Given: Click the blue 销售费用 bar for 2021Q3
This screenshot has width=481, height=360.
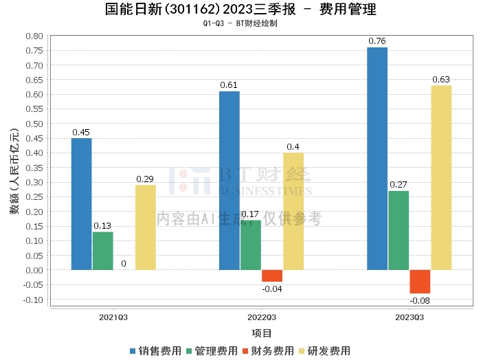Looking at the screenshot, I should (81, 204).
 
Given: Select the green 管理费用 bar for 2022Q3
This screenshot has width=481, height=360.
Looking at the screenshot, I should (251, 245).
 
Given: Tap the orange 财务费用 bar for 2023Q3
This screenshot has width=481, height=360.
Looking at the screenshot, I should (420, 282).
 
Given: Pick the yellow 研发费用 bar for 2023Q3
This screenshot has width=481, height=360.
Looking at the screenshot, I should (441, 177).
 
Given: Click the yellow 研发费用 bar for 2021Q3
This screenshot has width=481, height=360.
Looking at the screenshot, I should (145, 227).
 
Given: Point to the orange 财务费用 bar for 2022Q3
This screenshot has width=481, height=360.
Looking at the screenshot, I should (272, 275).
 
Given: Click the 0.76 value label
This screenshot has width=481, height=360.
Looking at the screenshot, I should (377, 41).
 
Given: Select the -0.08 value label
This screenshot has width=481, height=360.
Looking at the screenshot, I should (420, 300).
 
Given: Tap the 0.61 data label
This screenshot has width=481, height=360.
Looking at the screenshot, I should (229, 85).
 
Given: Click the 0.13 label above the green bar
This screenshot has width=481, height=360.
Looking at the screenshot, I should (102, 225).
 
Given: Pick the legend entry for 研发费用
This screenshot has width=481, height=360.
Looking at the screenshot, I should (326, 350).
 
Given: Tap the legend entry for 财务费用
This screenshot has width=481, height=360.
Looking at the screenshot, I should (269, 350).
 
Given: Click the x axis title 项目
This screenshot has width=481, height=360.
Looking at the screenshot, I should (262, 333).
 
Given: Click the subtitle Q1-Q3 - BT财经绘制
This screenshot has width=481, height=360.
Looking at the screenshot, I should (240, 24).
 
